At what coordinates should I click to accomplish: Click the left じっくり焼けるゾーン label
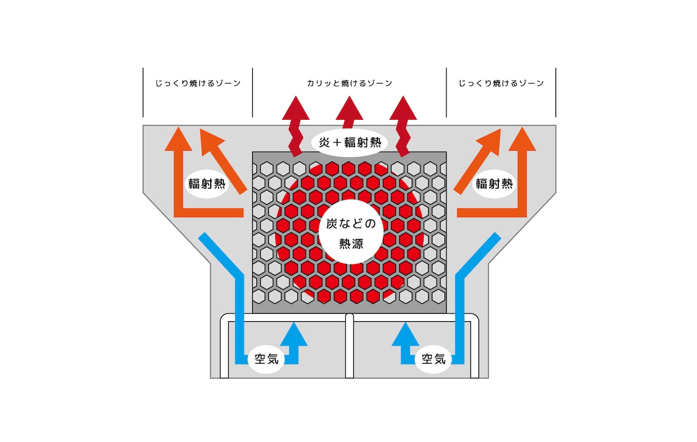pyautogui.click(x=198, y=83)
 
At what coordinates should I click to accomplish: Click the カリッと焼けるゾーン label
pyautogui.click(x=350, y=83)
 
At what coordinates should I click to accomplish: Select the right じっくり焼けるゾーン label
pyautogui.click(x=502, y=83)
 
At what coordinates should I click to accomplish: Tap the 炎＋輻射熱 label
pyautogui.click(x=350, y=143)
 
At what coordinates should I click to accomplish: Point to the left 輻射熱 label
pyautogui.click(x=206, y=184)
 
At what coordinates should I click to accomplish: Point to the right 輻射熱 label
pyautogui.click(x=494, y=184)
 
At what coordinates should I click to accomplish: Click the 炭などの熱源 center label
pyautogui.click(x=351, y=234)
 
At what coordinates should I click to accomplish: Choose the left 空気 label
pyautogui.click(x=266, y=359)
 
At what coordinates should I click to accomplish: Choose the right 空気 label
pyautogui.click(x=433, y=359)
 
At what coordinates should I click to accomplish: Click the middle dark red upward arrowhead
pyautogui.click(x=350, y=109)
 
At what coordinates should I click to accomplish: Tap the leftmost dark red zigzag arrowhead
pyautogui.click(x=296, y=109)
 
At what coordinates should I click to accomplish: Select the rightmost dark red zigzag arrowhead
pyautogui.click(x=403, y=109)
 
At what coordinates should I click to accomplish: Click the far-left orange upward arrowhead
pyautogui.click(x=178, y=140)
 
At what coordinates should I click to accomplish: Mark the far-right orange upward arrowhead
pyautogui.click(x=522, y=140)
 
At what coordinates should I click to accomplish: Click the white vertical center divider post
pyautogui.click(x=350, y=346)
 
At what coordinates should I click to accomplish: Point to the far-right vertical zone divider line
pyautogui.click(x=556, y=93)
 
